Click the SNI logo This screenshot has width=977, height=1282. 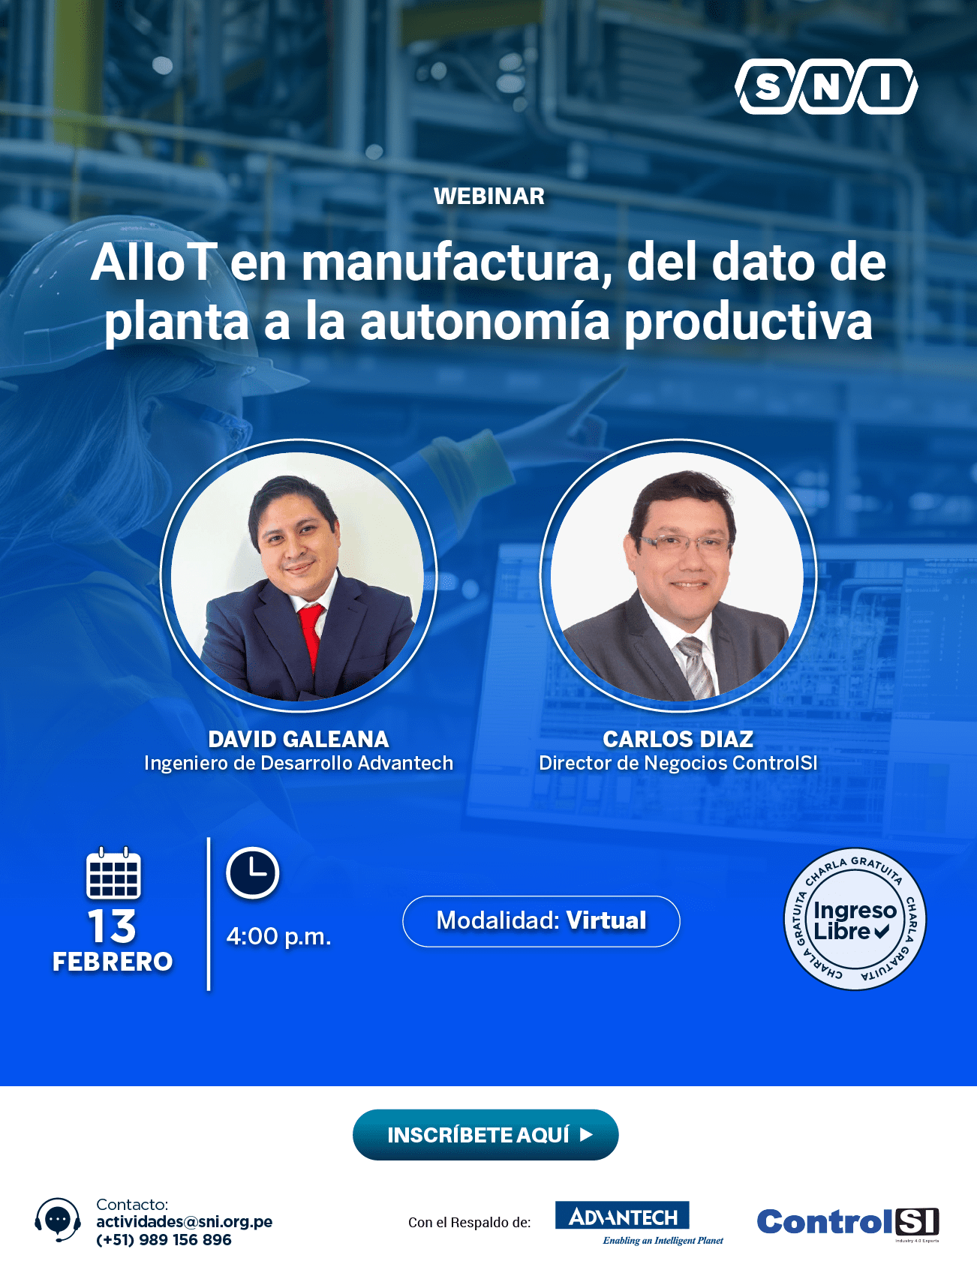tap(826, 86)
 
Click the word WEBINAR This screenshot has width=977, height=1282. tap(489, 197)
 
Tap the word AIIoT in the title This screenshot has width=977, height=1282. tap(155, 263)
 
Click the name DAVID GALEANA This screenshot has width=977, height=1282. tap(299, 740)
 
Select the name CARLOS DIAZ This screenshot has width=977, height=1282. tap(678, 740)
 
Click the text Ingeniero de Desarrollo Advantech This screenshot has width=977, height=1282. tap(299, 764)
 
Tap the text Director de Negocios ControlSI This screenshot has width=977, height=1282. tap(678, 764)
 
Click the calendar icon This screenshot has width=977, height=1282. tap(113, 873)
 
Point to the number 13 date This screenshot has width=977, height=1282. tap(113, 927)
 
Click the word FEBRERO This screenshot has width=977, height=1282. tap(113, 962)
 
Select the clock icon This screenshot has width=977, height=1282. tap(253, 873)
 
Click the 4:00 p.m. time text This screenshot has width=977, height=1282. tap(279, 936)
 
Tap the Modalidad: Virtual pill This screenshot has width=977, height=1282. tap(542, 921)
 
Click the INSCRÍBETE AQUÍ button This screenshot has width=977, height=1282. tap(485, 1135)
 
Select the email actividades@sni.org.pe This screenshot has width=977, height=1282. tap(185, 1222)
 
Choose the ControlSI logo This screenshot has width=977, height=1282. tap(848, 1223)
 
